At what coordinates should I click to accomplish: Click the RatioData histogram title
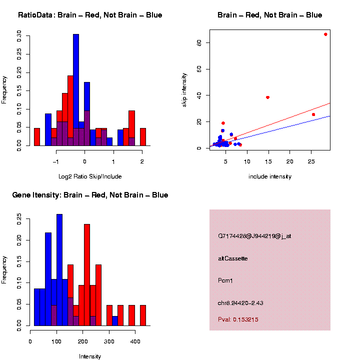[x=90, y=15]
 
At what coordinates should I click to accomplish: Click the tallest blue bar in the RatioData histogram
[x=76, y=90]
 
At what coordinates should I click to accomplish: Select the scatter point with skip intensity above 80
[x=325, y=34]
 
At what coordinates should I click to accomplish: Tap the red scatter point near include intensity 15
[x=267, y=97]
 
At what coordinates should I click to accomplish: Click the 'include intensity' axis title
[x=270, y=176]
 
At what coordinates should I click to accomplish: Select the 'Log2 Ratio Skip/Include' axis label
[x=90, y=176]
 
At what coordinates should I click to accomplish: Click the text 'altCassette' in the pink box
[x=233, y=258]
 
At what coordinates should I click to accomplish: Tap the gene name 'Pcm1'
[x=226, y=280]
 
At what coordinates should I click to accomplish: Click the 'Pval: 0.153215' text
[x=238, y=319]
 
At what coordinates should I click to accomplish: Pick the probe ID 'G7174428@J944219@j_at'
[x=254, y=236]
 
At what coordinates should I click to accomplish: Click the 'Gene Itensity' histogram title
[x=90, y=195]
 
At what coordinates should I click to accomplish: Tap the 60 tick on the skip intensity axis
[x=198, y=69]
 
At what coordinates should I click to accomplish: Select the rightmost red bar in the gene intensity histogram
[x=142, y=315]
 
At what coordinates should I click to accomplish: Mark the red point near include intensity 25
[x=313, y=114]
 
